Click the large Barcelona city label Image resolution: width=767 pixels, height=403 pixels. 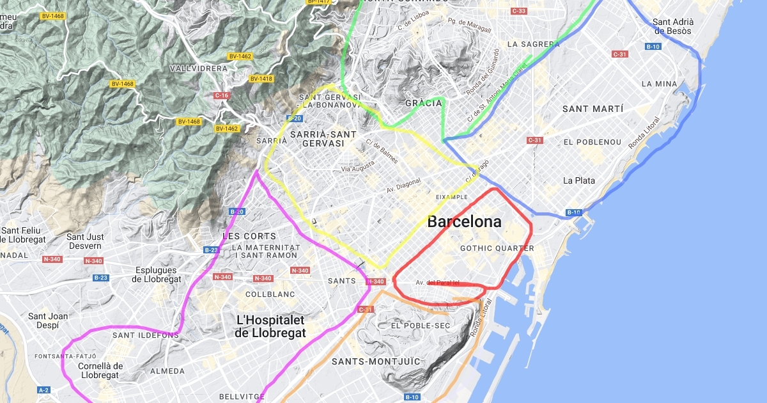tap(464, 222)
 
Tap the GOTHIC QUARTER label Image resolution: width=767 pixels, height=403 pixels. tap(497, 248)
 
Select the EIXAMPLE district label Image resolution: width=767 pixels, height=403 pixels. tap(451, 197)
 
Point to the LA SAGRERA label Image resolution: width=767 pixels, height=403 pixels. tap(533, 44)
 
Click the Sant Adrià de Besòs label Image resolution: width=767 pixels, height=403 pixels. tap(672, 26)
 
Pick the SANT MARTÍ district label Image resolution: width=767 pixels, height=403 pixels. tap(593, 109)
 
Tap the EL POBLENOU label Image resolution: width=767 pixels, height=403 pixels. tap(593, 141)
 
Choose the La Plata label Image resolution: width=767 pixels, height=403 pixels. tap(579, 180)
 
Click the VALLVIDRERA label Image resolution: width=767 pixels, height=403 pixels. tap(199, 68)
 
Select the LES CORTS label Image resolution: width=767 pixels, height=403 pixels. tap(249, 236)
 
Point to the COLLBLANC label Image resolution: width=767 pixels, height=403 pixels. tap(270, 294)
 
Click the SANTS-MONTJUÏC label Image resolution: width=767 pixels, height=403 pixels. tap(376, 361)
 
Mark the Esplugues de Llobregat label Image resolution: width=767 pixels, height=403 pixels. tap(157, 274)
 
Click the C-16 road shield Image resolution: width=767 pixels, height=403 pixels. tap(221, 95)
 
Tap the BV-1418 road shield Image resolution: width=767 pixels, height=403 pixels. tap(261, 79)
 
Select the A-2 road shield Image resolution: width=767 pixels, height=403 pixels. tap(43, 390)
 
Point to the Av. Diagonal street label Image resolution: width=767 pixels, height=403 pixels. tap(404, 186)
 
